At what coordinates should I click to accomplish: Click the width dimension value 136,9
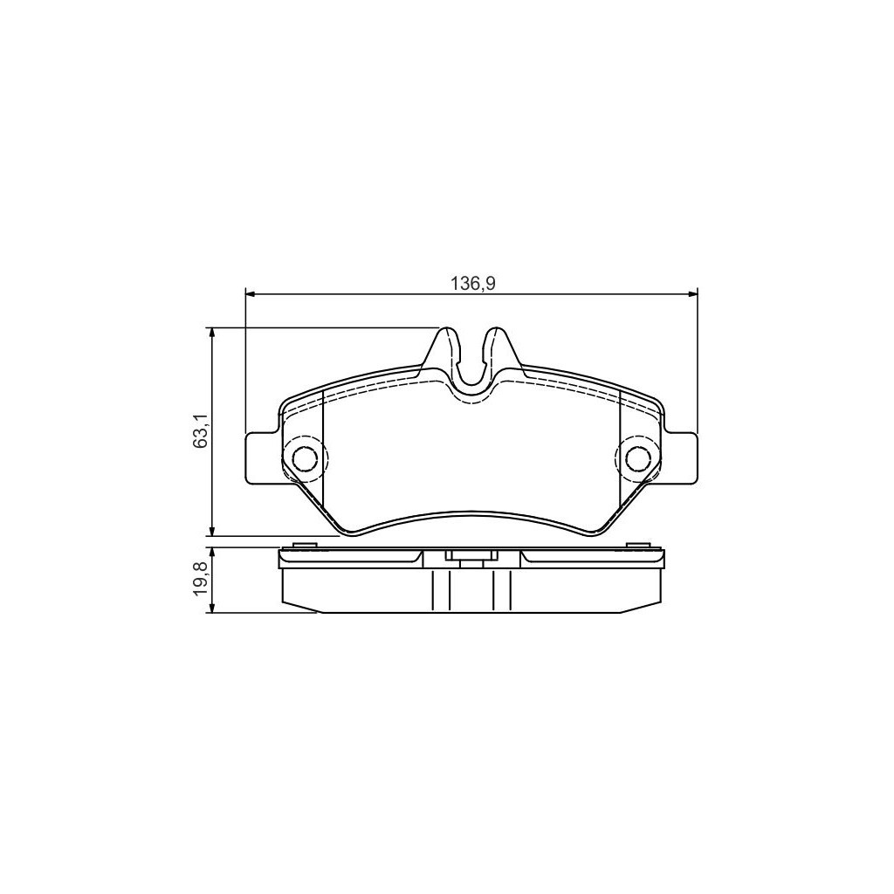tap(471, 283)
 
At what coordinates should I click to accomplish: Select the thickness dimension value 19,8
tap(200, 579)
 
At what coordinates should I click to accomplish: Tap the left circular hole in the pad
tap(305, 457)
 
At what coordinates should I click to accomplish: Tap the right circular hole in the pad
tap(637, 457)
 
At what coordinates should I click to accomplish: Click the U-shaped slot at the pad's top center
tap(471, 371)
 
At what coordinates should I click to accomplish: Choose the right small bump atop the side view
tap(638, 547)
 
